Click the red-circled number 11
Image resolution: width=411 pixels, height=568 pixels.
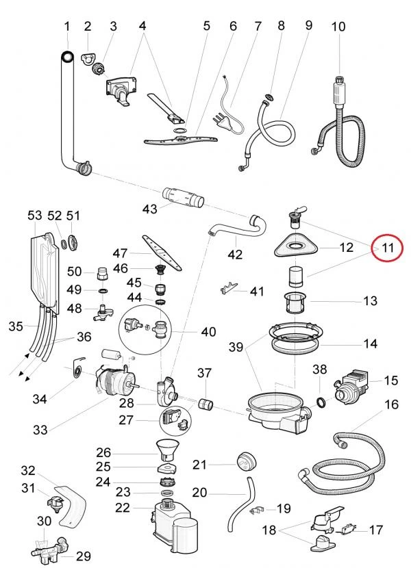pos(388,248)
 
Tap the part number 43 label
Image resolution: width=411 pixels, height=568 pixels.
pos(149,209)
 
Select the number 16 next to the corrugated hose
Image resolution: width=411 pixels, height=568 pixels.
pos(391,404)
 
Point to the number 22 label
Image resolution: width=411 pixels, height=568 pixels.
pos(123,508)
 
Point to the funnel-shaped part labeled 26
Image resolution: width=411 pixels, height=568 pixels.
pos(167,452)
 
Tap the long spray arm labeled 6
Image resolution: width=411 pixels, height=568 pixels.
pos(181,139)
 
